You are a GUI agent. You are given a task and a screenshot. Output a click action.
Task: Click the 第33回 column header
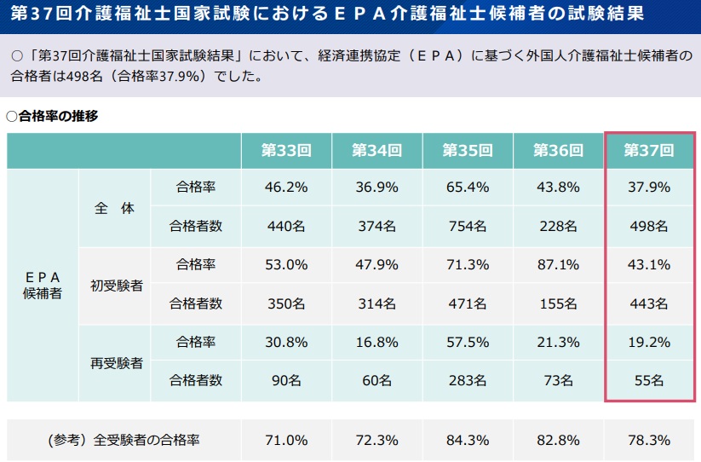click(286, 150)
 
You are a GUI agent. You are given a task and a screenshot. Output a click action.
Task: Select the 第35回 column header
click(468, 150)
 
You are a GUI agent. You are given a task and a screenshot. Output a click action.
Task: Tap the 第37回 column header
click(649, 150)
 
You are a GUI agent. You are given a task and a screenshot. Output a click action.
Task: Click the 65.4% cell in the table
click(468, 187)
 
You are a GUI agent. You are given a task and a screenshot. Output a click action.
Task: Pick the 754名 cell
click(468, 226)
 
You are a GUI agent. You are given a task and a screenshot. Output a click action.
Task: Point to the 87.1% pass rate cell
click(558, 264)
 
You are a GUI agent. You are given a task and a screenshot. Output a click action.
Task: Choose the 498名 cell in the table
click(649, 226)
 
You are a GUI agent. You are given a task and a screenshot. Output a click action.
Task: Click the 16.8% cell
click(376, 342)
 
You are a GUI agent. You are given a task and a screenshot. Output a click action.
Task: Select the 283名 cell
click(468, 380)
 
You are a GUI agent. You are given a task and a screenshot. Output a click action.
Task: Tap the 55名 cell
click(649, 380)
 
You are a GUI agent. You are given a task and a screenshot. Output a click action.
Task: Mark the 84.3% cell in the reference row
click(468, 440)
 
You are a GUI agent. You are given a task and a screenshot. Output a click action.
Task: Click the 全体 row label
click(114, 207)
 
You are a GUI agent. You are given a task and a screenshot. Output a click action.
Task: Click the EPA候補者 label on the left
click(42, 285)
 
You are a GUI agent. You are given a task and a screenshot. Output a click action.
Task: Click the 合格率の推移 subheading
click(53, 116)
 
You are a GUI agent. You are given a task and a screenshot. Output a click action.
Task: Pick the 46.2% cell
click(286, 187)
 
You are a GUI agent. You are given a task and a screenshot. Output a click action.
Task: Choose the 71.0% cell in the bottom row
click(286, 440)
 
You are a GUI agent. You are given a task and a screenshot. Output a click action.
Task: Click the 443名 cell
click(649, 303)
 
